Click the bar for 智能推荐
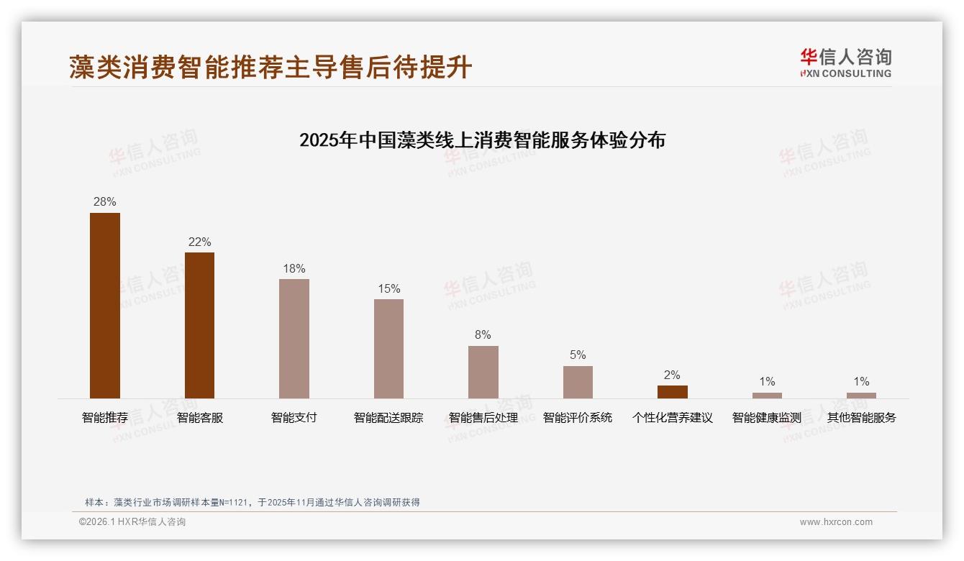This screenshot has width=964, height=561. [105, 305]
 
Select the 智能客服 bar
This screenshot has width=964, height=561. [199, 325]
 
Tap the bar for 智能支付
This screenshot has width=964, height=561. [294, 338]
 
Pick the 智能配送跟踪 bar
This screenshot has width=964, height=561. [388, 348]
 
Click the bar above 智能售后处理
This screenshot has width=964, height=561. [483, 372]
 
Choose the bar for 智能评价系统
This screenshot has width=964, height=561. [578, 382]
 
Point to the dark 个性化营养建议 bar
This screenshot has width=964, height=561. [673, 392]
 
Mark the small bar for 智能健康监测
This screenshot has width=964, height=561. [767, 396]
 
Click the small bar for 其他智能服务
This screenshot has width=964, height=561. [861, 396]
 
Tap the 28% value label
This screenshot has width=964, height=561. [105, 201]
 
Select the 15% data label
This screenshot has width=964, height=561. [388, 288]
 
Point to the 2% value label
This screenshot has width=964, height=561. [673, 375]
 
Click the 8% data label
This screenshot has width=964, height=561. [483, 334]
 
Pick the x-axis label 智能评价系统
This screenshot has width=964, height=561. [578, 417]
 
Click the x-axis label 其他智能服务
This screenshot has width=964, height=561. [861, 417]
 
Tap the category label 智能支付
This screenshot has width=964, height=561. [294, 417]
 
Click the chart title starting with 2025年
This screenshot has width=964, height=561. [482, 140]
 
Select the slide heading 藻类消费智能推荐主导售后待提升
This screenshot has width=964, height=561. [270, 67]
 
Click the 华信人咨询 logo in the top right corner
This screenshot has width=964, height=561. [845, 63]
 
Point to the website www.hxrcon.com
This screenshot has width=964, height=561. [836, 522]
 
